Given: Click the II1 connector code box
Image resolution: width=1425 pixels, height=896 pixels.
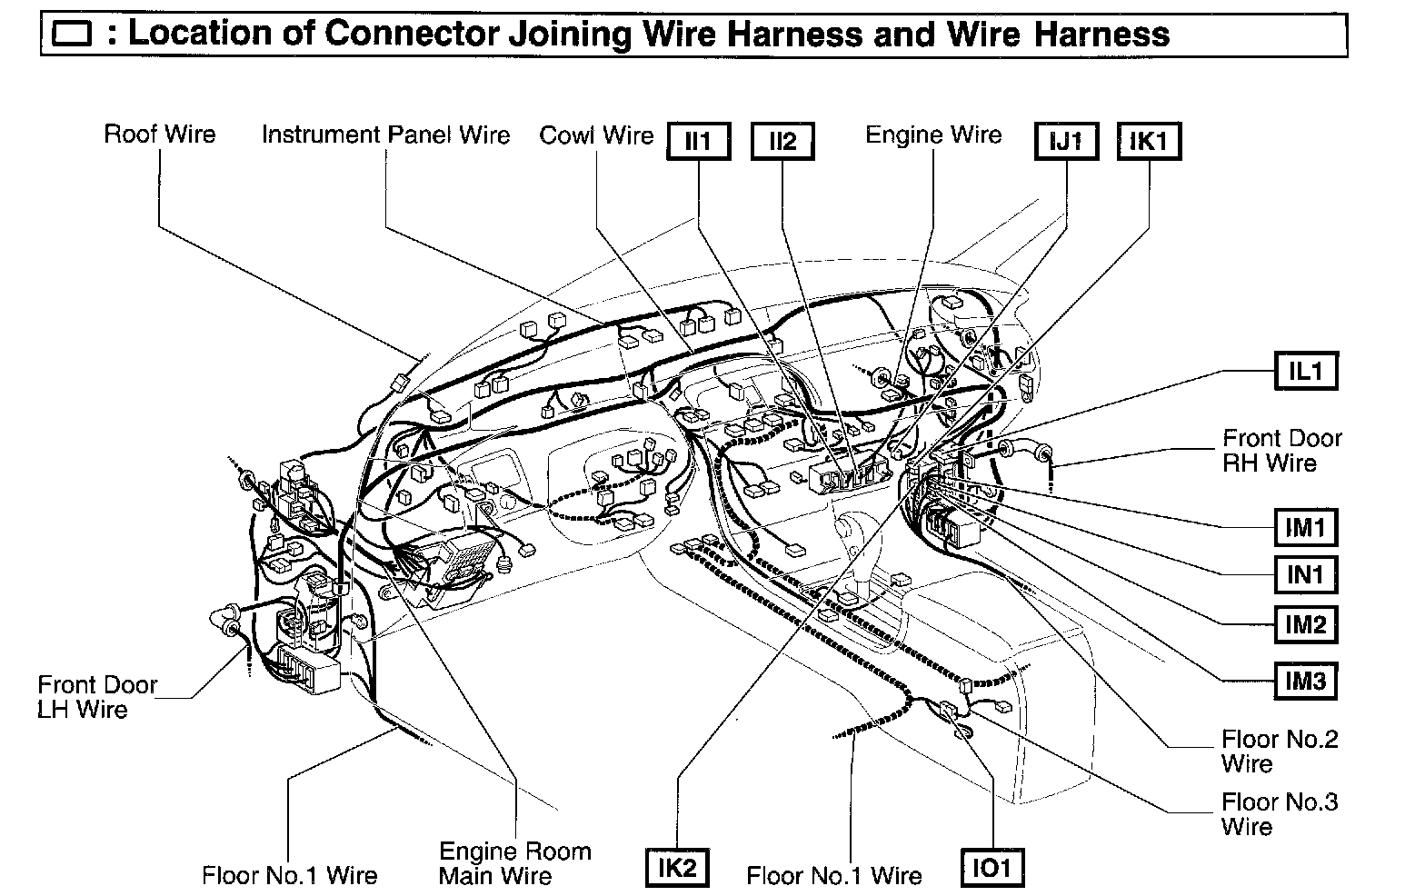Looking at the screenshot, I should (699, 142).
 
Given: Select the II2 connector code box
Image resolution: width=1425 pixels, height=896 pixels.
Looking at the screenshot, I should (782, 142).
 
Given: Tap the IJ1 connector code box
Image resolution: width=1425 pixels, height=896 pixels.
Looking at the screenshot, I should (1067, 142).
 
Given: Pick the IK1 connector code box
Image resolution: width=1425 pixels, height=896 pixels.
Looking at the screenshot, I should (1149, 142).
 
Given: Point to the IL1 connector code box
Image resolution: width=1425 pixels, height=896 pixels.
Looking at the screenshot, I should (1305, 371).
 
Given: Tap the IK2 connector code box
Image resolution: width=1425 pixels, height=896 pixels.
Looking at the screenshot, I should (677, 868).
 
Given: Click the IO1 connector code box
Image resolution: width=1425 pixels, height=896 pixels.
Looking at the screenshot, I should (992, 868).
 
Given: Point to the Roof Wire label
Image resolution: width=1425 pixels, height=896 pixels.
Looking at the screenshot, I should (160, 134).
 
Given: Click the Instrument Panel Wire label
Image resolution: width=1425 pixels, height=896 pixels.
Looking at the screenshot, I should (386, 134).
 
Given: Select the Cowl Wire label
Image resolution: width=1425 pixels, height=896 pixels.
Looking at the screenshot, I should (596, 134).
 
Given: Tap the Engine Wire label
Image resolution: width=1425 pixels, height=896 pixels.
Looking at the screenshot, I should (933, 134).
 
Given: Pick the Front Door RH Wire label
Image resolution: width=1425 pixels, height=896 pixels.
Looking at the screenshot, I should (1282, 451).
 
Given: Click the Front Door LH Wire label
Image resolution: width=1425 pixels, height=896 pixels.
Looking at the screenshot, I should (97, 697).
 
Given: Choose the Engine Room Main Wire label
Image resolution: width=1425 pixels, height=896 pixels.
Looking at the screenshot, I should (514, 863).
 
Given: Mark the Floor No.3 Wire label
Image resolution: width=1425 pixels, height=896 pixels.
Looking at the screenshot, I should (1280, 814).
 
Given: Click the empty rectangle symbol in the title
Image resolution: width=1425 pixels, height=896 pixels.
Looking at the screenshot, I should (73, 35).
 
